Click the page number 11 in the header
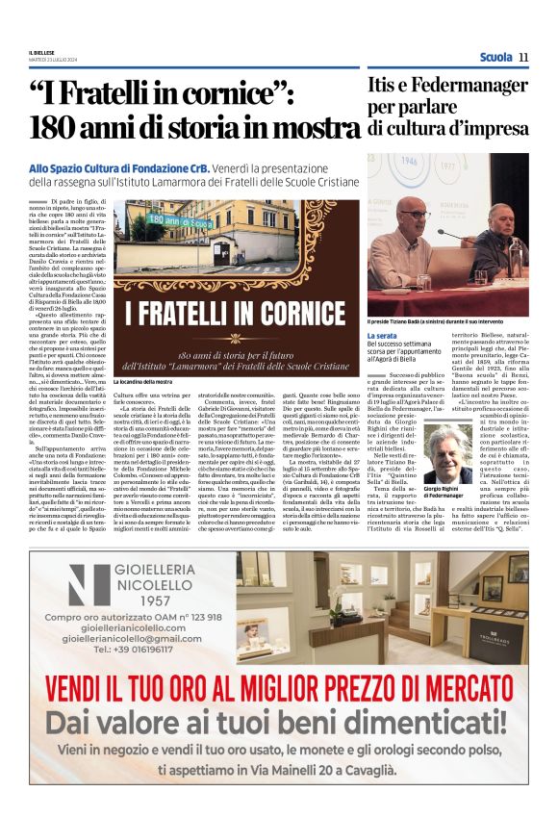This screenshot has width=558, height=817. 523,57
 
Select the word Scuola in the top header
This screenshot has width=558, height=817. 495,57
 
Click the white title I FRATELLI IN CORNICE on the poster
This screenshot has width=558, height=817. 237,314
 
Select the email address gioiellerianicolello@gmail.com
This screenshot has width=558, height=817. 133,637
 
